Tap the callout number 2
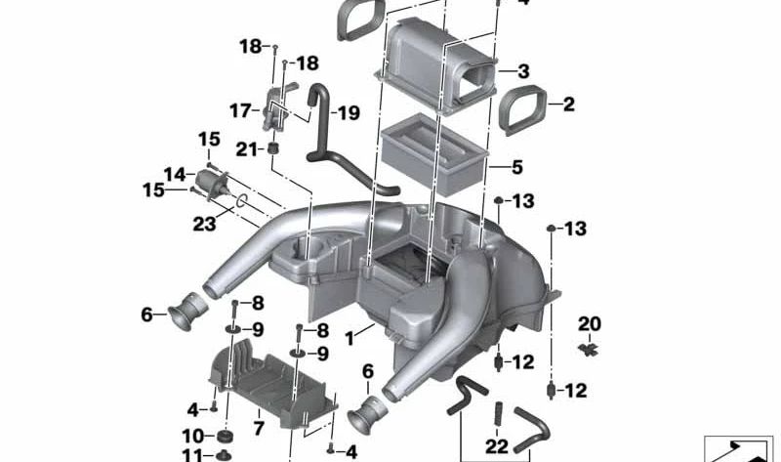[x=568, y=104]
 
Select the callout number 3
[x=524, y=71]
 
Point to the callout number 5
[x=517, y=166]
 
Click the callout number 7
[x=258, y=428]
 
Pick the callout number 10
[x=192, y=435]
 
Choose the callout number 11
[x=193, y=455]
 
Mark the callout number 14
[x=175, y=175]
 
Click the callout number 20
[x=590, y=323]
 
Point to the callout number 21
[x=246, y=148]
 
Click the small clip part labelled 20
[x=590, y=348]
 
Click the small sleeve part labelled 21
[x=275, y=149]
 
